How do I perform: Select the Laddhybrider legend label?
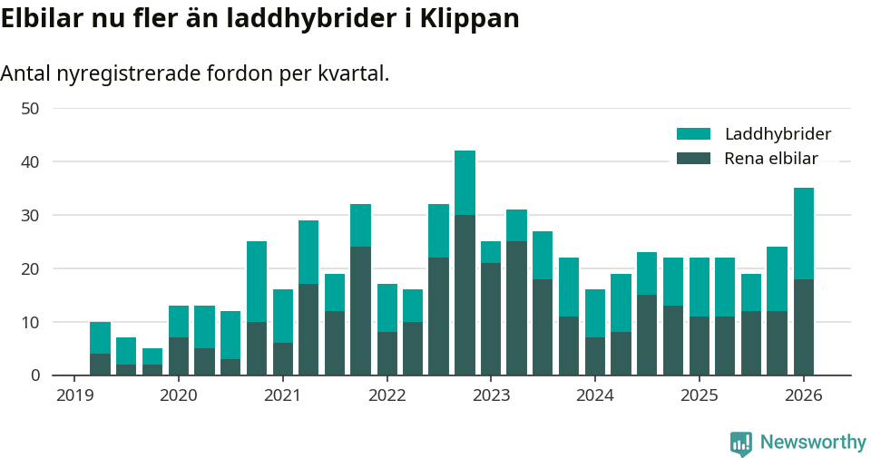pyautogui.click(x=778, y=134)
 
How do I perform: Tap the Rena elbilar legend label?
pyautogui.click(x=771, y=159)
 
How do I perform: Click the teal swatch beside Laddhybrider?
pyautogui.click(x=694, y=134)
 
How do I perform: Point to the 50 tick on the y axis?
pyautogui.click(x=30, y=109)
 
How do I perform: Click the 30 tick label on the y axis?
pyautogui.click(x=30, y=216)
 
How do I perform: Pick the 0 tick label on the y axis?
pyautogui.click(x=34, y=375)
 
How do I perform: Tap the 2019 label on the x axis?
pyautogui.click(x=74, y=396)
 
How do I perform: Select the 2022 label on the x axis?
pyautogui.click(x=387, y=396)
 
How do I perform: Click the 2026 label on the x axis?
pyautogui.click(x=804, y=396)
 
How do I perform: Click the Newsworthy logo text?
pyautogui.click(x=813, y=443)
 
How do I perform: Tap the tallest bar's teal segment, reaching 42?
pyautogui.click(x=465, y=182)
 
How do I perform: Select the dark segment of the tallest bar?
pyautogui.click(x=465, y=295)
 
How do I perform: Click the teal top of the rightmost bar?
pyautogui.click(x=804, y=233)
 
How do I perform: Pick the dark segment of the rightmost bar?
pyautogui.click(x=804, y=327)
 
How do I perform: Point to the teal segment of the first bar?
pyautogui.click(x=100, y=337)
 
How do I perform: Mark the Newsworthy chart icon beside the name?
pyautogui.click(x=741, y=443)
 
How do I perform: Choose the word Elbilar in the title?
pyautogui.click(x=43, y=19)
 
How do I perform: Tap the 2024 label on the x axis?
pyautogui.click(x=595, y=396)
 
